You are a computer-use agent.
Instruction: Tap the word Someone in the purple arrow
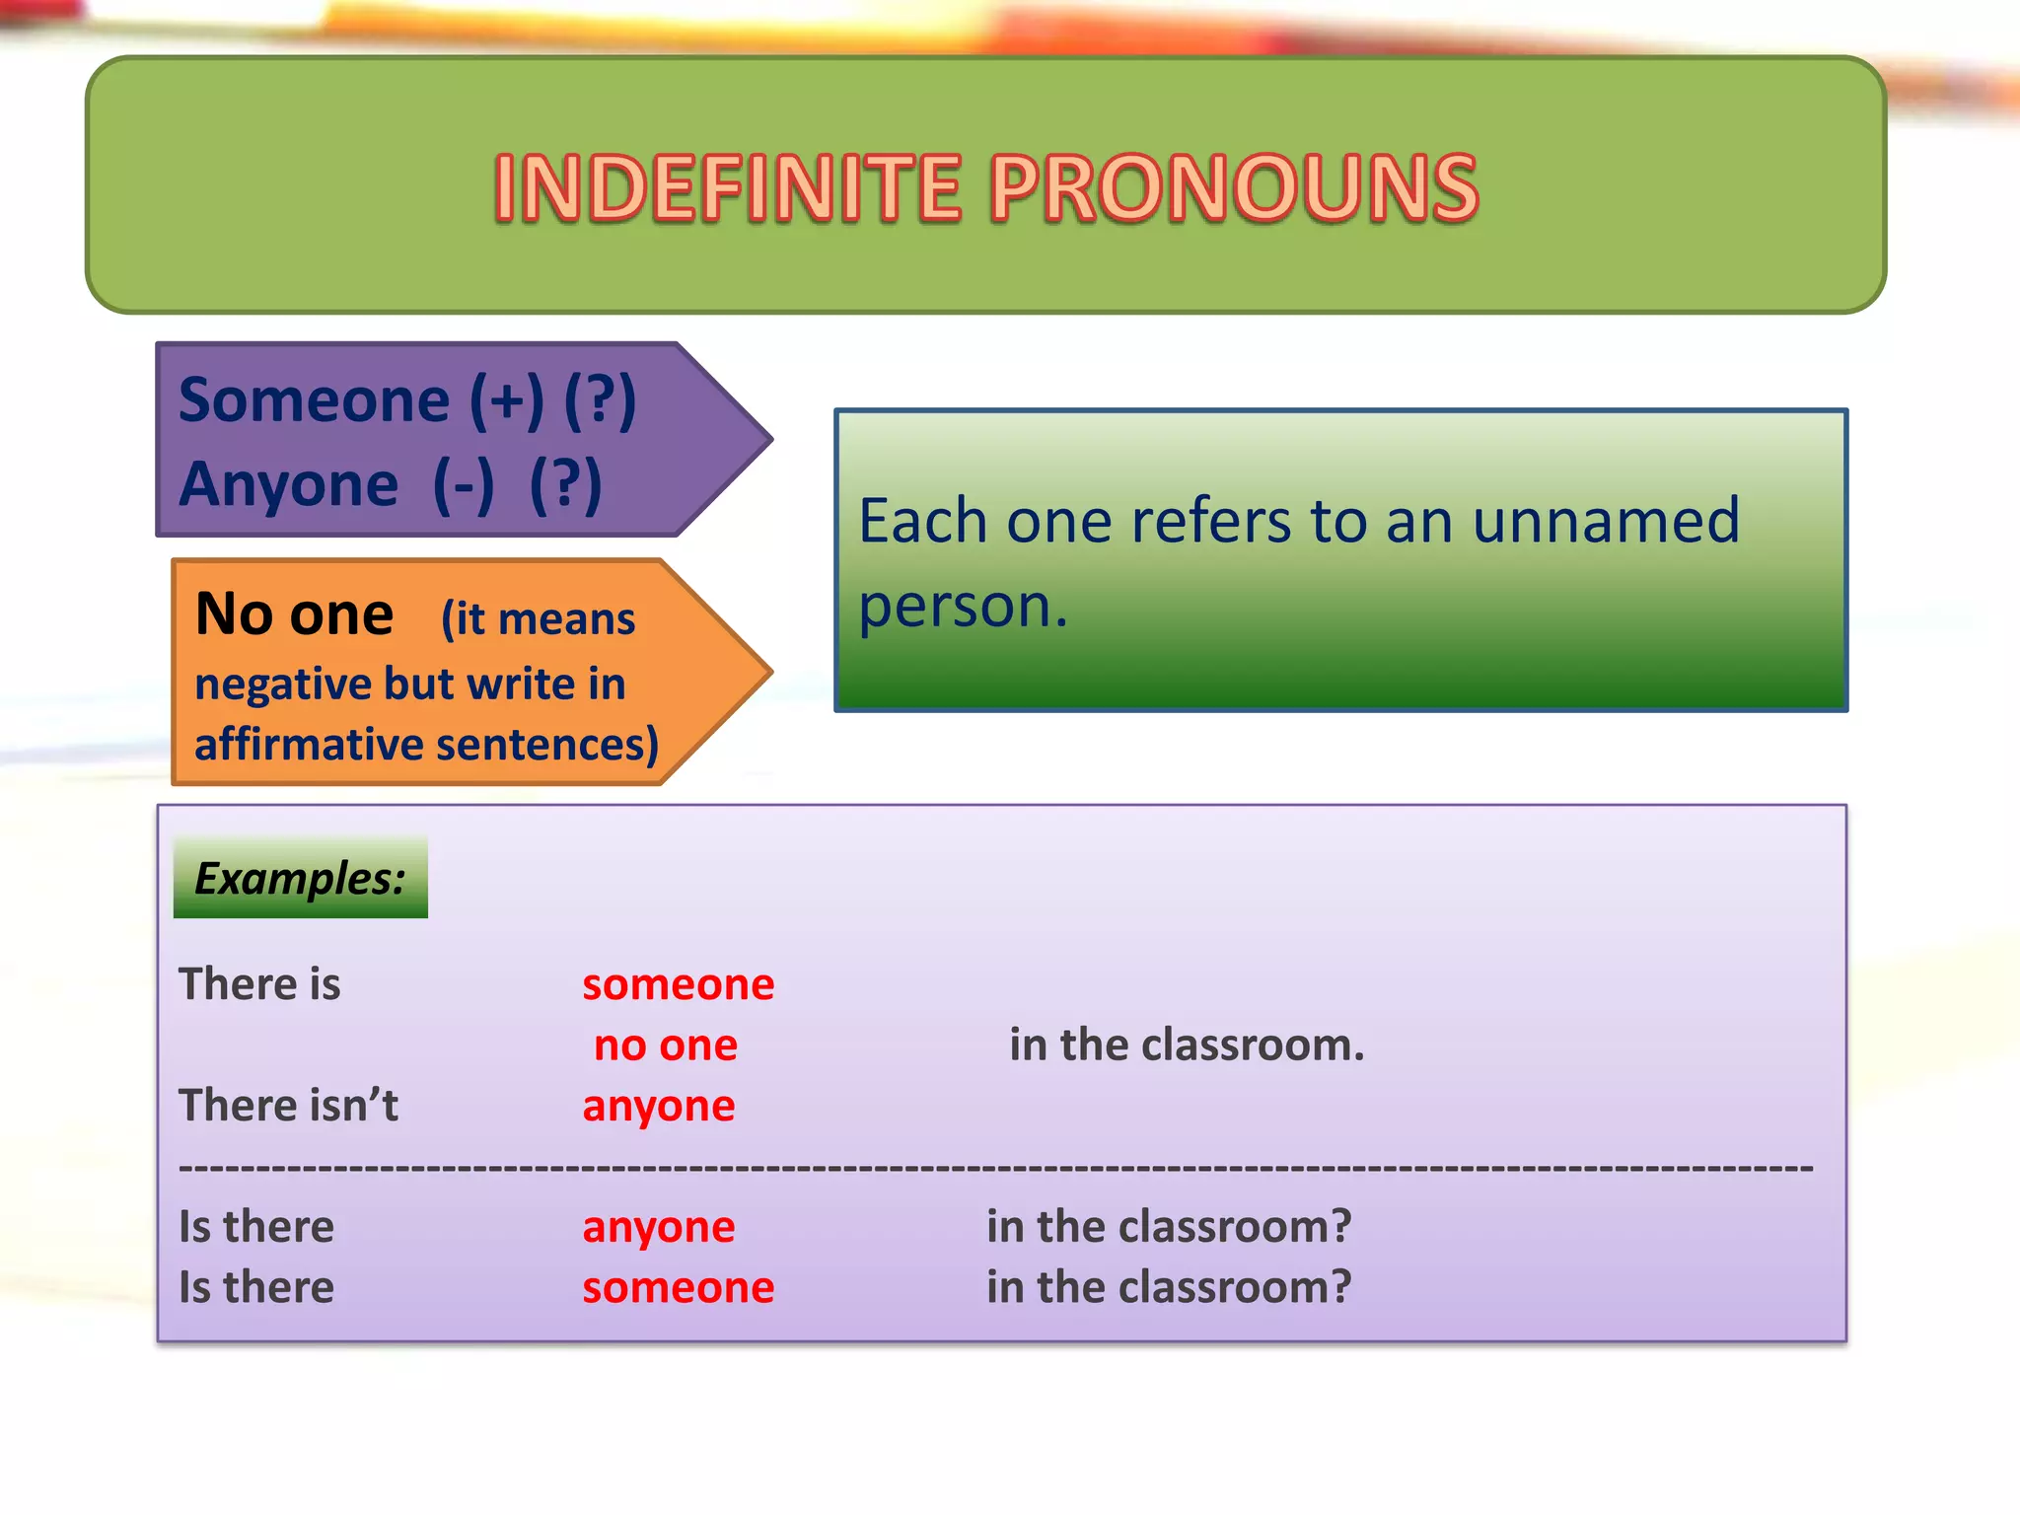click(314, 400)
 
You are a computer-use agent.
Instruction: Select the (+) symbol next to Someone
click(506, 400)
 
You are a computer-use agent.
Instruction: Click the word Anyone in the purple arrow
click(288, 484)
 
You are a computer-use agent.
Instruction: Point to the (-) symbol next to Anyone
click(464, 484)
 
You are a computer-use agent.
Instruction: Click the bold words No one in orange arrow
click(294, 614)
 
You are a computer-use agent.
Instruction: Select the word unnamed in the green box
click(1606, 521)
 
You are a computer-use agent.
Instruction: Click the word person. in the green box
click(963, 605)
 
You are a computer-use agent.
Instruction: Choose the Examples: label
click(300, 878)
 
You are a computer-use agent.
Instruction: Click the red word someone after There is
click(678, 984)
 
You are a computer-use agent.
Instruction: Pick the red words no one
click(666, 1046)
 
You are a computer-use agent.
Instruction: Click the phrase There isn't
click(288, 1106)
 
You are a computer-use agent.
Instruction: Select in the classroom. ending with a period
click(1187, 1046)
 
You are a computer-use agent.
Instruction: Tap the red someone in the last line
click(678, 1288)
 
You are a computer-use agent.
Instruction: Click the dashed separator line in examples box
click(996, 1168)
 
